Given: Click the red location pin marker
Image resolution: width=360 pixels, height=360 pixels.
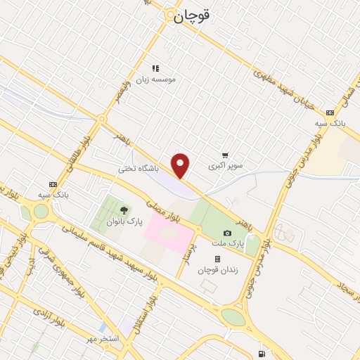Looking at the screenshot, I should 181,166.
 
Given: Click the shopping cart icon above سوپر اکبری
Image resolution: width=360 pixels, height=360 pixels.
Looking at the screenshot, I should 224,155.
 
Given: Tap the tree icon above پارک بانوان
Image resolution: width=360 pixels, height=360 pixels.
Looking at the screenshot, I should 124,210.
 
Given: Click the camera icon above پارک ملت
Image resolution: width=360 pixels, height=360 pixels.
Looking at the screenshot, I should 227,233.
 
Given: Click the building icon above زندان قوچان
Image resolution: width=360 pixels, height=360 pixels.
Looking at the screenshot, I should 218,259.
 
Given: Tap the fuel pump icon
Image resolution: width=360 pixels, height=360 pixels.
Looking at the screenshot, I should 262,353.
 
